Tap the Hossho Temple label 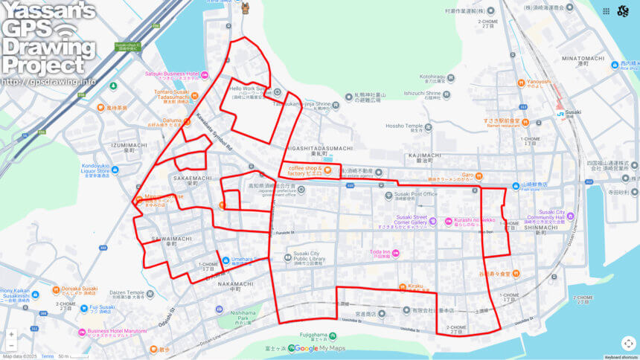(x=404, y=126)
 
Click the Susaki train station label (x=573, y=112)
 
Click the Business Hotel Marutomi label (x=117, y=331)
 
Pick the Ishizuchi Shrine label (x=422, y=94)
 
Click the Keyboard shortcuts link (x=620, y=357)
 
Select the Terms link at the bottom (x=47, y=357)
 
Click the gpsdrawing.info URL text (x=48, y=81)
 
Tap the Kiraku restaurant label (x=415, y=286)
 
